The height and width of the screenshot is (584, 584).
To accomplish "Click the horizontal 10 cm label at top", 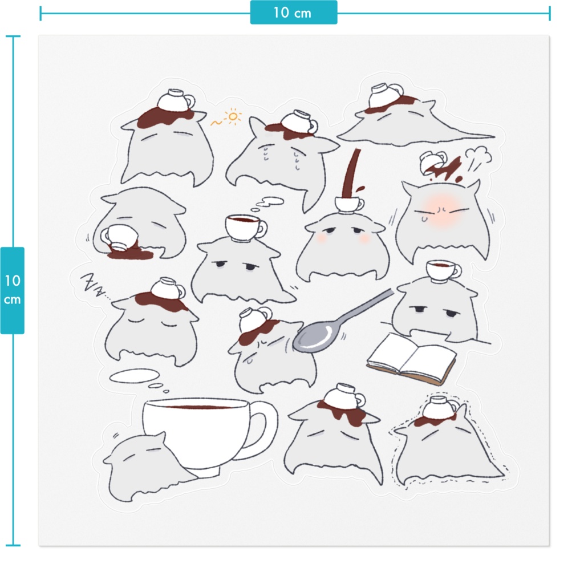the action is point(293,13).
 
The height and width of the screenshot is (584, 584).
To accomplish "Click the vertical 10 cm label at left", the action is point(13,290).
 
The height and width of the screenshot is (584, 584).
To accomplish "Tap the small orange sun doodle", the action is point(233,116).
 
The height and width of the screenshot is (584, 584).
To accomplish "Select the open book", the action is point(412,359).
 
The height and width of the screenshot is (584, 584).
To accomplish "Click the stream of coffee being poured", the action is point(351,173).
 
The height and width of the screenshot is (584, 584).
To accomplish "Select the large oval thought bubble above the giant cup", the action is point(135,376).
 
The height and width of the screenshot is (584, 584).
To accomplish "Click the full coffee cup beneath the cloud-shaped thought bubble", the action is point(245,227).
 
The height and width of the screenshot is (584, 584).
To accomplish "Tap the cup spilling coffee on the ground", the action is point(120,237).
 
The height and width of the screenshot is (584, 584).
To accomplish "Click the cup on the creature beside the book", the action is point(443,271).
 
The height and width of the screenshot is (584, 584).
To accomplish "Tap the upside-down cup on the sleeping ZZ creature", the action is point(168,289).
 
